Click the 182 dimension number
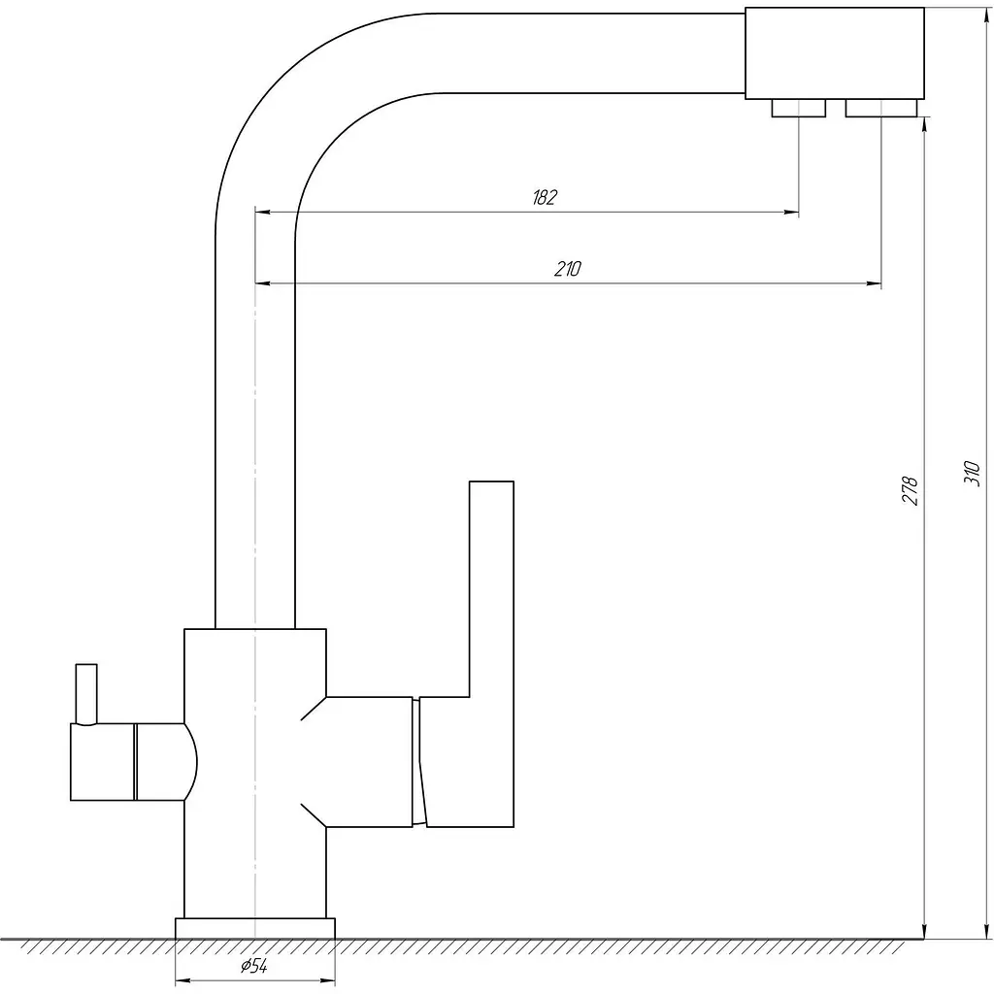[544, 197]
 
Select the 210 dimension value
[567, 269]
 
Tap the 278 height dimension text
[911, 490]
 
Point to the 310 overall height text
[972, 473]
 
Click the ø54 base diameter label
[254, 966]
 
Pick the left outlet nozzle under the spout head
[798, 109]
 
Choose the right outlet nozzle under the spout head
[881, 109]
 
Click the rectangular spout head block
[834, 53]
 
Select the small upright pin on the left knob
[86, 694]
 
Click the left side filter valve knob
[103, 761]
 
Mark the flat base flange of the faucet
[255, 927]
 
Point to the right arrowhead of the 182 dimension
[792, 213]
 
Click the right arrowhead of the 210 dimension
[875, 283]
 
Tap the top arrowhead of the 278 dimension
[925, 125]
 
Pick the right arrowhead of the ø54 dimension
[328, 981]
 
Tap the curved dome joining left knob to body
[190, 761]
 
